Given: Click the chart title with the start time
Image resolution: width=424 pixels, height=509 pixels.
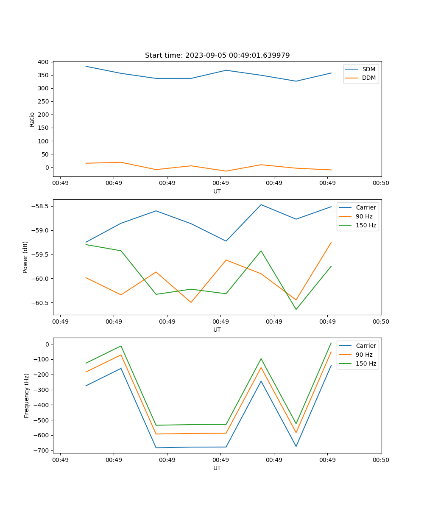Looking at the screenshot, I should point(217,56).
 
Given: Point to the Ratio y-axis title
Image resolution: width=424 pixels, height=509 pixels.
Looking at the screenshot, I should point(32,119).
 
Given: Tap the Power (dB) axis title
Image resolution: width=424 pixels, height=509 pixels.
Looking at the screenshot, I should point(25,257).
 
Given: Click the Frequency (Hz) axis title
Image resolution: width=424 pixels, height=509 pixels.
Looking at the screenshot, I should point(26,395).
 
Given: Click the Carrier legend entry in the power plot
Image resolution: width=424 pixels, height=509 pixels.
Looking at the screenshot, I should point(365,208).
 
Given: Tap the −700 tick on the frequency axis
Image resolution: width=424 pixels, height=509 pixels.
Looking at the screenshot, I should point(42,450).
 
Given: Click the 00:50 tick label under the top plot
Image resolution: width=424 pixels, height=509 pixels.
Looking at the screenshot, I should point(381,183).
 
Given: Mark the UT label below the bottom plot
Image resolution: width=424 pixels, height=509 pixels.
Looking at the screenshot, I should point(217,468).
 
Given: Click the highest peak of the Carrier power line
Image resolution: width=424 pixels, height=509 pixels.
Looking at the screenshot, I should point(261,204).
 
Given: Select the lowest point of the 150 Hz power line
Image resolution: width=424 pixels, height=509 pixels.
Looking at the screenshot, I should point(296,310).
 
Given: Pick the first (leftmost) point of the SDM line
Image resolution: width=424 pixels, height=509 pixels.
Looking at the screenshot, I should point(86,66).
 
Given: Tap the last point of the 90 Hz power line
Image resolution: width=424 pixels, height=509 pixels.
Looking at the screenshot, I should point(331,243).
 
